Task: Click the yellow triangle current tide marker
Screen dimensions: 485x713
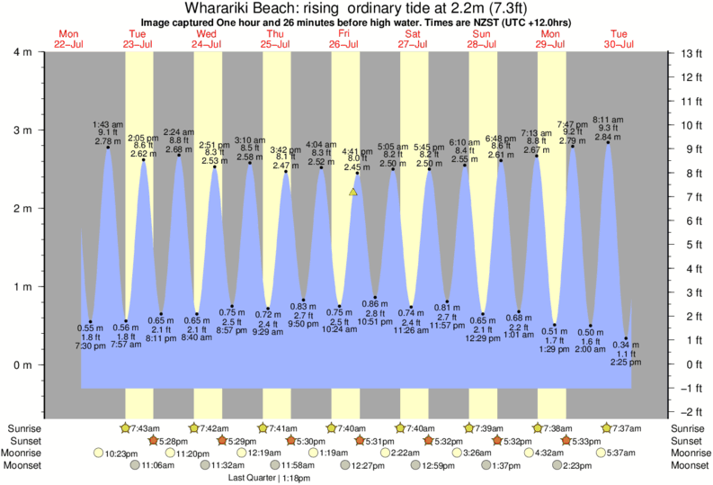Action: point(353,192)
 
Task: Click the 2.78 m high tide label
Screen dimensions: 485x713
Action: point(107,141)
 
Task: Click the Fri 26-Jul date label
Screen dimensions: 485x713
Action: point(344,39)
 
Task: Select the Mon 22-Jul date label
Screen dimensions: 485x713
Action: point(68,39)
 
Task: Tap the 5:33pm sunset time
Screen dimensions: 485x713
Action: point(588,441)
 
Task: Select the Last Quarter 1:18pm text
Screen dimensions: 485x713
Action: point(266,478)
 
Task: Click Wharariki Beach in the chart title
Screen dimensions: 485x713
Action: point(228,8)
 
